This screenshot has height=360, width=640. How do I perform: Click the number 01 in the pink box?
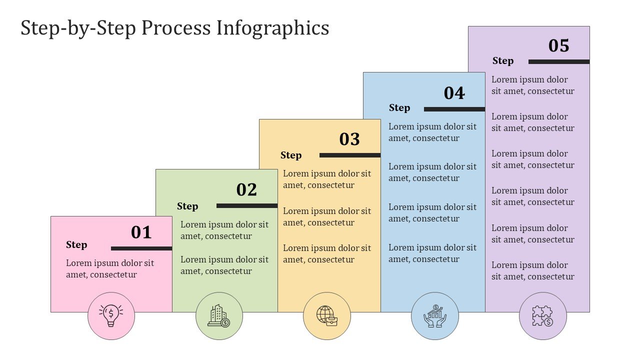pyautogui.click(x=141, y=232)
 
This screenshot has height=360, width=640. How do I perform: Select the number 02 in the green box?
pyautogui.click(x=246, y=189)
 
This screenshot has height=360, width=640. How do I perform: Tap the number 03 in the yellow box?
pyautogui.click(x=349, y=139)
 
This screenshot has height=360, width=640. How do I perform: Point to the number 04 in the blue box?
pyautogui.click(x=454, y=93)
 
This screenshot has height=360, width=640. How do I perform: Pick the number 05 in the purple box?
pyautogui.click(x=559, y=45)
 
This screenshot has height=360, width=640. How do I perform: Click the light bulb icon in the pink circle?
pyautogui.click(x=111, y=315)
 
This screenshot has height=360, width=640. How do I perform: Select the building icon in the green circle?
pyautogui.click(x=219, y=315)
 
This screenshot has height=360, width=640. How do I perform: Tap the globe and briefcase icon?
pyautogui.click(x=327, y=315)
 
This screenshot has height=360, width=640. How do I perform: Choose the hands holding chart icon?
pyautogui.click(x=435, y=315)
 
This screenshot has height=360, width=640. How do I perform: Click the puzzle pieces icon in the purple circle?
pyautogui.click(x=542, y=316)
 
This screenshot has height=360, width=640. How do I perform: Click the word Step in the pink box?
pyautogui.click(x=76, y=245)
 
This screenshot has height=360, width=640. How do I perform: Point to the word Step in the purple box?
pyautogui.click(x=503, y=61)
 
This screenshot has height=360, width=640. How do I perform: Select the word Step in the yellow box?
pyautogui.click(x=291, y=155)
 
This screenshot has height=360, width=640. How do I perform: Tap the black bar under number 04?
pyautogui.click(x=454, y=109)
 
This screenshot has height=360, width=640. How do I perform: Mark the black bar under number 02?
pyautogui.click(x=247, y=205)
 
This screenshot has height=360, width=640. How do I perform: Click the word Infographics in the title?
pyautogui.click(x=273, y=28)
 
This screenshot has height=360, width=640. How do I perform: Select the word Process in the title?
pyautogui.click(x=176, y=28)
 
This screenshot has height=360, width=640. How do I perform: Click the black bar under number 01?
pyautogui.click(x=141, y=248)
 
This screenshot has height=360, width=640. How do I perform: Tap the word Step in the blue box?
pyautogui.click(x=399, y=108)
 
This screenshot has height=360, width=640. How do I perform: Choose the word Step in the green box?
pyautogui.click(x=187, y=206)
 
